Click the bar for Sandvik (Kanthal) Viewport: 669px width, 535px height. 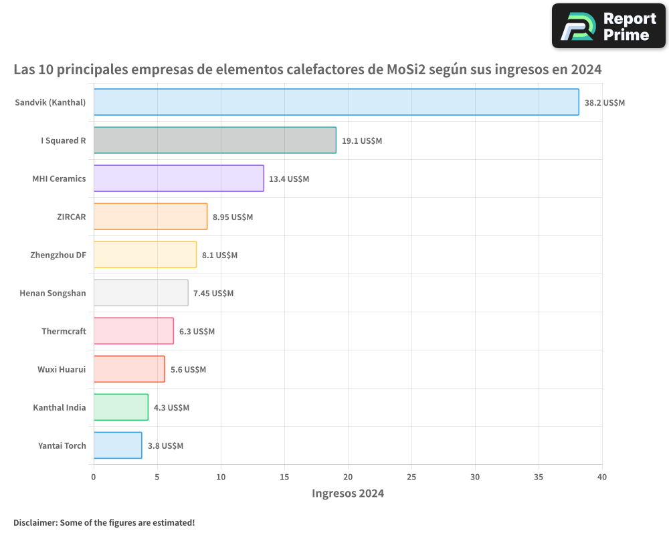click(x=336, y=102)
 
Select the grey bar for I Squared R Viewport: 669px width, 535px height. click(x=215, y=140)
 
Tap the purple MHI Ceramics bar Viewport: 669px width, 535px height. click(x=179, y=179)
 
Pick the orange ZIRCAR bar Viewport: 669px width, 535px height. click(x=151, y=217)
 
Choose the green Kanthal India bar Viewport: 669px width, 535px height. click(x=121, y=407)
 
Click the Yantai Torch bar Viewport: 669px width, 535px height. click(x=118, y=445)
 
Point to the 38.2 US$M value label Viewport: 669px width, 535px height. click(x=605, y=103)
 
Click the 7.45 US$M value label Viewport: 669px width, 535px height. click(x=213, y=294)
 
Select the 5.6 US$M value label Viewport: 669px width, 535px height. click(x=188, y=370)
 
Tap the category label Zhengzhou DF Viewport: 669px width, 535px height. click(x=58, y=255)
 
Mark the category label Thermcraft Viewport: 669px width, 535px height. click(x=64, y=331)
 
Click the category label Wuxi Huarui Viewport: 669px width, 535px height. click(x=62, y=369)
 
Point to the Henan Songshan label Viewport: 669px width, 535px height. click(x=53, y=293)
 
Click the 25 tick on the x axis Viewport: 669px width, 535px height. click(x=411, y=477)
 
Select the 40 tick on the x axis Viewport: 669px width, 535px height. click(x=602, y=477)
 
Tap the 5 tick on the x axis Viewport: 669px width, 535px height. click(x=157, y=477)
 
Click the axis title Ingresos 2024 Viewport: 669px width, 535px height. click(x=348, y=494)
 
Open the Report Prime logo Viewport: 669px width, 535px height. click(x=608, y=26)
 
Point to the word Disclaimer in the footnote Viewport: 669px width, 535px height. click(x=34, y=522)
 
